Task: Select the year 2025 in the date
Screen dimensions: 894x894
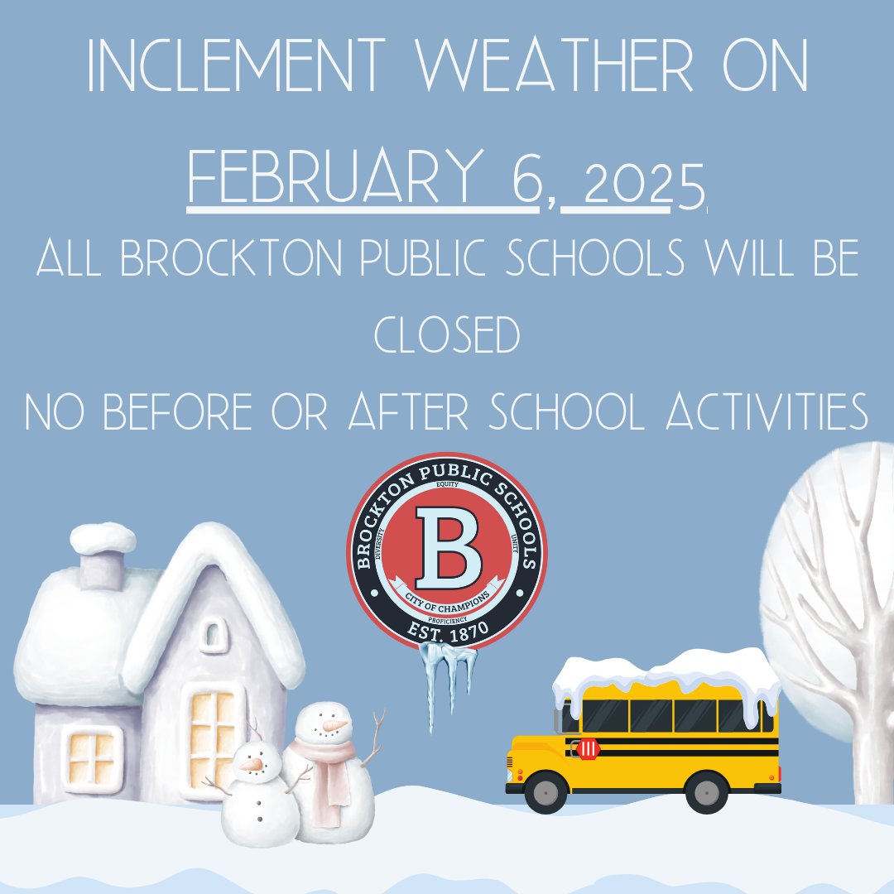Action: (x=646, y=184)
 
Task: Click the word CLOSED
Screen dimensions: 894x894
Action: (x=446, y=336)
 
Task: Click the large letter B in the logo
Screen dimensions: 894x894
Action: (x=447, y=544)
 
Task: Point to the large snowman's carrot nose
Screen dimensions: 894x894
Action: (x=334, y=726)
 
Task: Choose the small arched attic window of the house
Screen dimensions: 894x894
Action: (x=213, y=636)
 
